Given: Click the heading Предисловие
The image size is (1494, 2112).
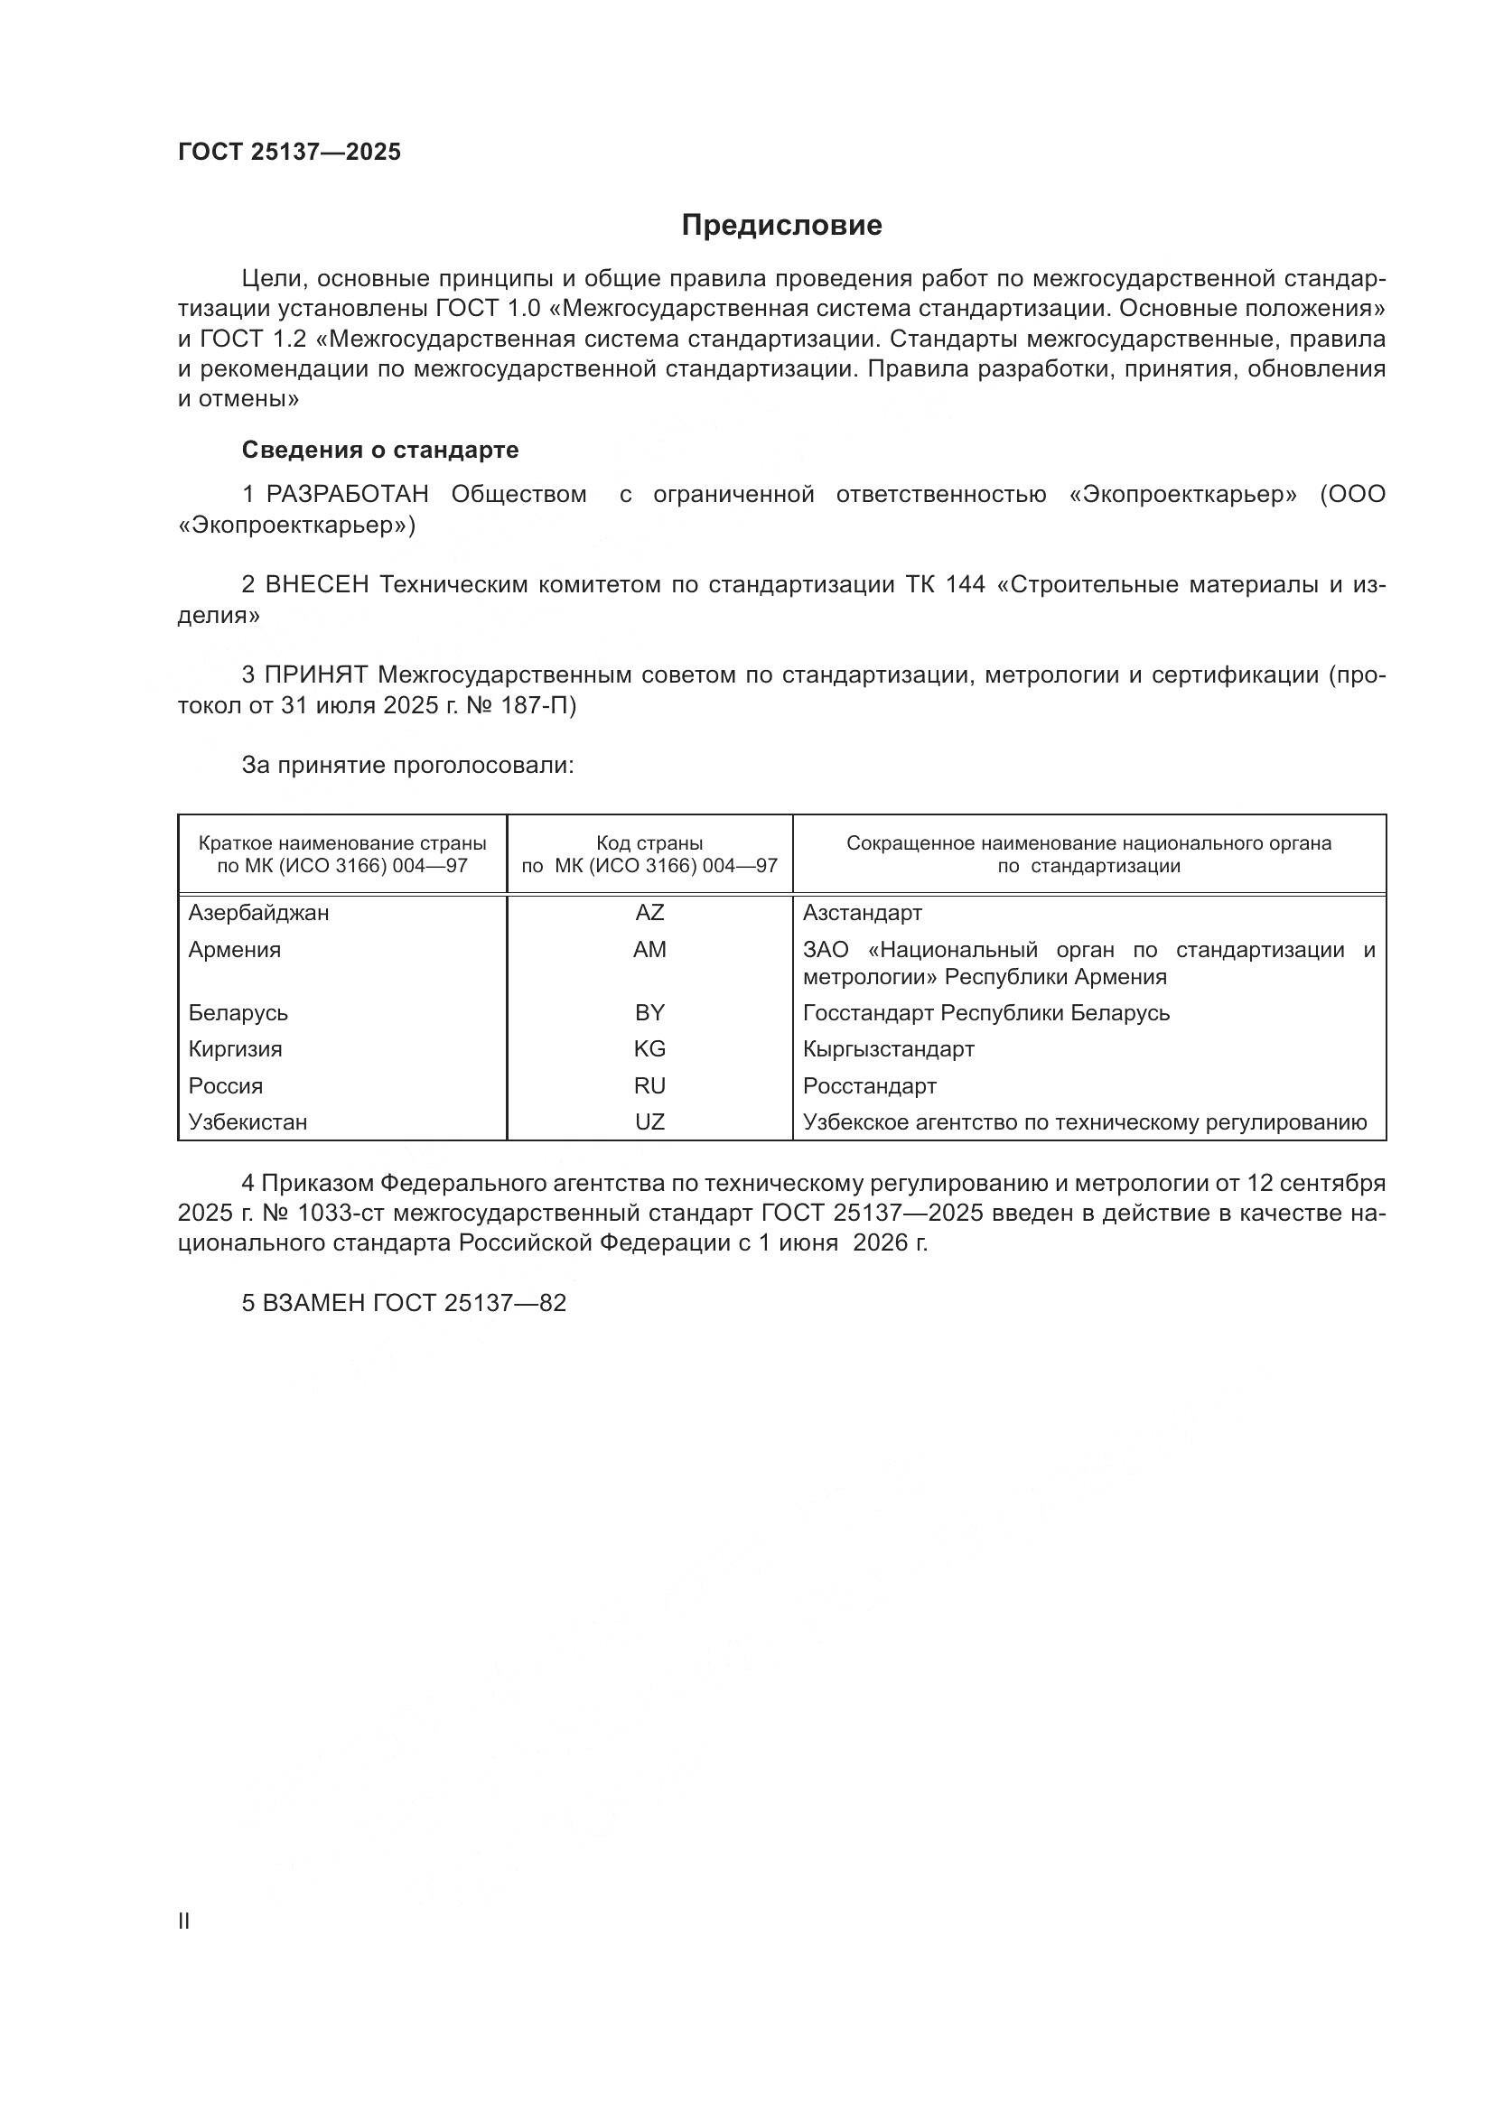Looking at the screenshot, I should pos(781,226).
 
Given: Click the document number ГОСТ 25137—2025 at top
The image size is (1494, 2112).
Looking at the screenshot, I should pos(290,152).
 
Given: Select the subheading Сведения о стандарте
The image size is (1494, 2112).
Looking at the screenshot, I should pos(380,450).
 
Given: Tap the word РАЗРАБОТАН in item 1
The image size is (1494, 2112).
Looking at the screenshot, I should pos(348,495).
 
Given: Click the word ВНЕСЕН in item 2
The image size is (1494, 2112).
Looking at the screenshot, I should pos(317,585).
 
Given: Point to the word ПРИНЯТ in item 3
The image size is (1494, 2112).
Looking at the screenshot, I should pos(316,675).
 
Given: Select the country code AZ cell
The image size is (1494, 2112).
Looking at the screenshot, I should pos(649,913).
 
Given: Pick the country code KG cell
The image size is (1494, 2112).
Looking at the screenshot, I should pos(649,1048).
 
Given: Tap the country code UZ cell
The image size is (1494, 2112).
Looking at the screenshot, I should pos(649,1122).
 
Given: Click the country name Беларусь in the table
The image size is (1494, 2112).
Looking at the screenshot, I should pos(238,1013).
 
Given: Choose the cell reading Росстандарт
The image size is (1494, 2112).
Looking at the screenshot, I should pos(869,1086).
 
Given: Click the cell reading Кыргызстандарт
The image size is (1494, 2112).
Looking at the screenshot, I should pos(888,1048).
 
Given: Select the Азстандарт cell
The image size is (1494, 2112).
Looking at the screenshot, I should pos(862,913).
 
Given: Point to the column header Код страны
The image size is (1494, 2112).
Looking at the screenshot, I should pos(649,843).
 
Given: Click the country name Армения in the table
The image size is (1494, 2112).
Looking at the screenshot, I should pos(235,949).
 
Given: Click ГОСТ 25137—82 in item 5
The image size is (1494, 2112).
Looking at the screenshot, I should pos(469,1304).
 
